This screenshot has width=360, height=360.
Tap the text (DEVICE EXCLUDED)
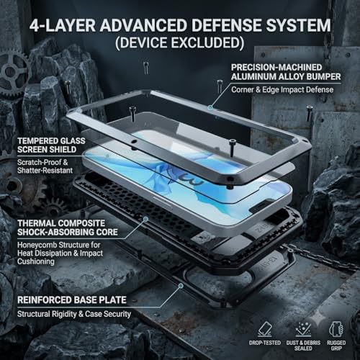click(180, 42)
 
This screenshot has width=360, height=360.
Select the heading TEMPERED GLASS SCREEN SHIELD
click(51, 145)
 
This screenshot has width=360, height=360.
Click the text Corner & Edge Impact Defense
click(282, 89)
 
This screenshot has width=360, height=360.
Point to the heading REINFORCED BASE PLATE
click(72, 300)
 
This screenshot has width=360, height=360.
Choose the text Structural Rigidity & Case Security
click(74, 314)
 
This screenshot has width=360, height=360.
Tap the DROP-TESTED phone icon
click(265, 329)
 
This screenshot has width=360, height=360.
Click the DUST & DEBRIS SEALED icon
click(303, 329)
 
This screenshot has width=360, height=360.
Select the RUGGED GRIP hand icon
click(336, 329)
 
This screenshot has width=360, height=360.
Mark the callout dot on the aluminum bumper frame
click(210, 107)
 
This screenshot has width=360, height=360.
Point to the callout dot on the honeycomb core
click(145, 219)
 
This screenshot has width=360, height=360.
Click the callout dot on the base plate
click(181, 286)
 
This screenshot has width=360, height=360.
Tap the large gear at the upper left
click(13, 71)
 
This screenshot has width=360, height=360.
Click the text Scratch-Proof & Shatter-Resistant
click(45, 166)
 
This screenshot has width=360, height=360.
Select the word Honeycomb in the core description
click(37, 245)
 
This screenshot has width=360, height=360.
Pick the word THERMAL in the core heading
click(36, 223)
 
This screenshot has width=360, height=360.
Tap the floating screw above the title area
click(145, 68)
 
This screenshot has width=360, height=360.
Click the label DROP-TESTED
click(265, 343)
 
